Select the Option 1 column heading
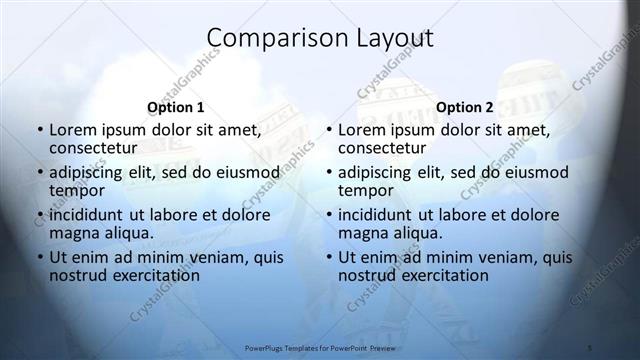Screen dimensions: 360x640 (176, 107)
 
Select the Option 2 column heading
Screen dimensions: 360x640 (465, 107)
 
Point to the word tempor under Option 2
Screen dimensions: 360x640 (366, 190)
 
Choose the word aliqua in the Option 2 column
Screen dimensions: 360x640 (416, 233)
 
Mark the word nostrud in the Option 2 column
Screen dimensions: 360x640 (367, 275)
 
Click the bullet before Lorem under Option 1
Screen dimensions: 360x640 (38, 130)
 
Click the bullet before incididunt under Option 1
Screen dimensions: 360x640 (38, 215)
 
